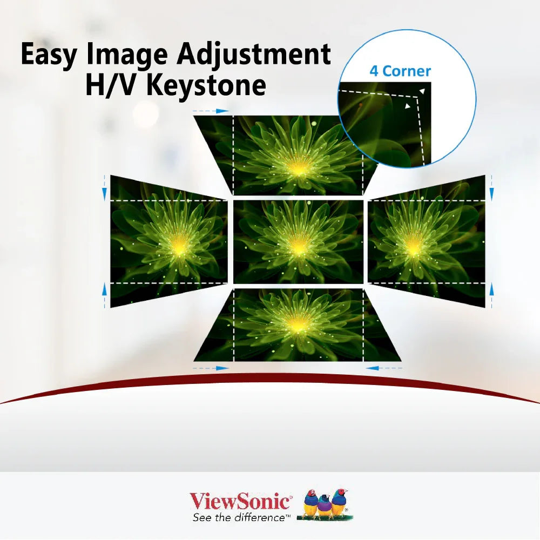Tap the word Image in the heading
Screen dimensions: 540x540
click(127, 55)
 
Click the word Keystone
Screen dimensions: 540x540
click(206, 86)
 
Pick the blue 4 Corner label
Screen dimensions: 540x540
click(400, 71)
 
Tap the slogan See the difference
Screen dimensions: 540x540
click(239, 518)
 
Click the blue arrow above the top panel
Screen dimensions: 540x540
click(211, 111)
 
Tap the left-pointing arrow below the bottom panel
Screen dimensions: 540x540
click(383, 368)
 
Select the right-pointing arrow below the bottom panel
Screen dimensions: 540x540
click(211, 368)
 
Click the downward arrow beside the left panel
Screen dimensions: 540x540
click(105, 188)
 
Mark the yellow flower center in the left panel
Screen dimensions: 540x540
click(179, 246)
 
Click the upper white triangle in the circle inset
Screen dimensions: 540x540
click(422, 91)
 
